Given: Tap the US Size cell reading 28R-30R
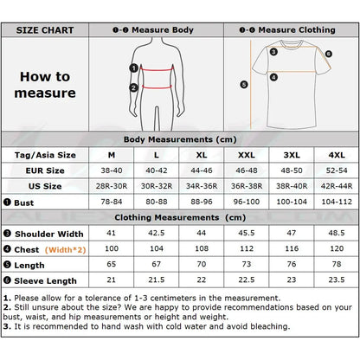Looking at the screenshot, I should pyautogui.click(x=112, y=186).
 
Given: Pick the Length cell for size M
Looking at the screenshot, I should pyautogui.click(x=112, y=264).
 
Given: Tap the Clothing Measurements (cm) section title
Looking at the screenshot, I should pyautogui.click(x=180, y=217).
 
